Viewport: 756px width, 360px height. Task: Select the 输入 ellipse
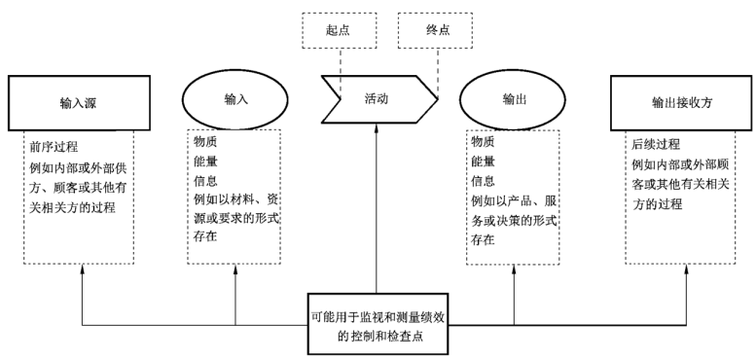(234, 100)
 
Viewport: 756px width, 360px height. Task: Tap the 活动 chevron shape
(377, 100)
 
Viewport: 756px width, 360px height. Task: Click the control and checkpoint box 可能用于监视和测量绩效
(378, 325)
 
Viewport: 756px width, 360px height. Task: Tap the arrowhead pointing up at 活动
(378, 129)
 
